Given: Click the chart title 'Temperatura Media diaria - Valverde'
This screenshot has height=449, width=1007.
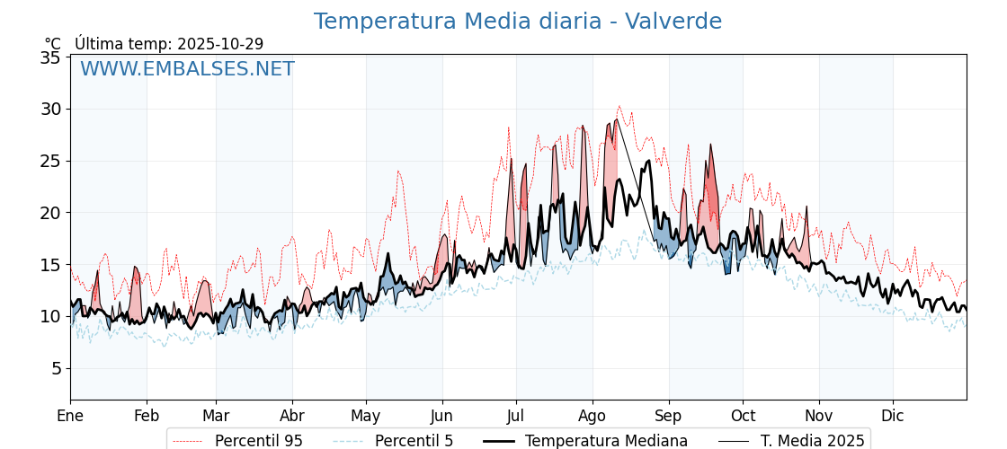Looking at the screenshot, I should pos(517,22).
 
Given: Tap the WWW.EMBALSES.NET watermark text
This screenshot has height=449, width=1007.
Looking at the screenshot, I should pos(187,69).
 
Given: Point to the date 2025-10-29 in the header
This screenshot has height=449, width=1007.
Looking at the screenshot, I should pos(220,44).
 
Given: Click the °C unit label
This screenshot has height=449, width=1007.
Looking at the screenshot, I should pos(53,44).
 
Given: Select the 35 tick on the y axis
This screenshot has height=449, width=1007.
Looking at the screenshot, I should pos(50,57).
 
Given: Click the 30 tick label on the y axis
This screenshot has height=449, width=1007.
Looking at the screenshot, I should pos(50,110).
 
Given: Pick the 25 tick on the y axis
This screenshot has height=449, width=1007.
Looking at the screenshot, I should pos(50,161).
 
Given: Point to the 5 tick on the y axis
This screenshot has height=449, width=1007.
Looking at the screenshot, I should pos(55,368).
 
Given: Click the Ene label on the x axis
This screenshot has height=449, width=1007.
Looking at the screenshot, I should pos(70,416).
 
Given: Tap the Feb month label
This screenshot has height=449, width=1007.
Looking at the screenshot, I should pos(147,416).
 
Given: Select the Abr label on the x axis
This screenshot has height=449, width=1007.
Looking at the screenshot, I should pos(292,416).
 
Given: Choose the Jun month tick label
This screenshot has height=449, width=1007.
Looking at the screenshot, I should pos(441,416).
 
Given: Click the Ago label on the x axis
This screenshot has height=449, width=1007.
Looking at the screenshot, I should pos(593,416).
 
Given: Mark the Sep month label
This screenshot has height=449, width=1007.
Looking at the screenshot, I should pos(668,416).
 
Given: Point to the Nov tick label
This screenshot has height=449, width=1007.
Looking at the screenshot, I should pos(819,416).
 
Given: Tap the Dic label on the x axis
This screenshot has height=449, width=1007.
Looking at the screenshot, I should pos(893,416).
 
